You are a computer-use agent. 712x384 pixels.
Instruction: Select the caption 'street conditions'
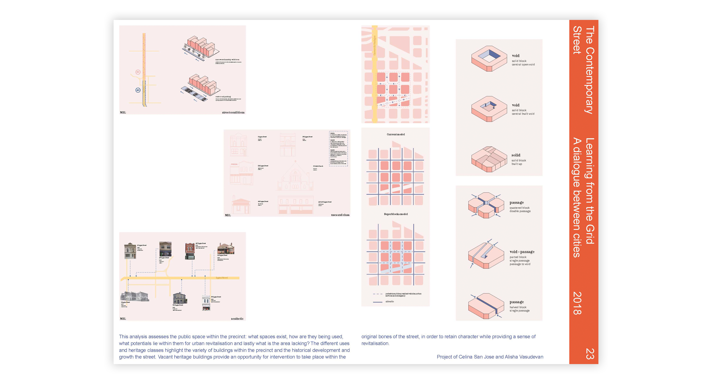point(233,112)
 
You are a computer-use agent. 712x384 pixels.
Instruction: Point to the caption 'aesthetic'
point(237,319)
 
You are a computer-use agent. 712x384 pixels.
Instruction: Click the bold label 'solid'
point(516,155)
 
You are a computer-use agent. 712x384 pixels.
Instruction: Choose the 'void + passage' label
point(522,252)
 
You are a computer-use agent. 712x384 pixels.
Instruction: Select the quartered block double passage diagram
point(486,205)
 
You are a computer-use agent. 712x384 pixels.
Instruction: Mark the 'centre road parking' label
point(223,97)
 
